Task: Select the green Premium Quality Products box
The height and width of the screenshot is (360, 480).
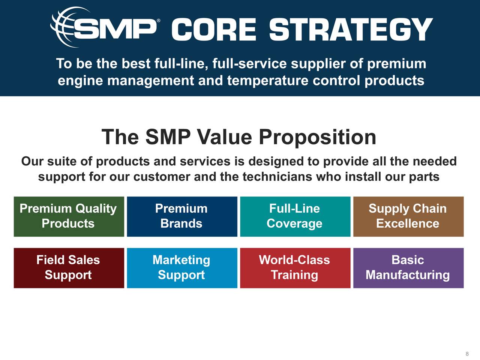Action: pos(69,216)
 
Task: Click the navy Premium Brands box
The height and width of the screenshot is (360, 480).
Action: pos(182,216)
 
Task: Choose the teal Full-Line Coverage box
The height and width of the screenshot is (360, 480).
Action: pos(295,216)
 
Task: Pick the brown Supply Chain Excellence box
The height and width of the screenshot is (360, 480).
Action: pos(408,216)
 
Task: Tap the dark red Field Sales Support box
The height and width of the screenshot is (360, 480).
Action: pos(69,268)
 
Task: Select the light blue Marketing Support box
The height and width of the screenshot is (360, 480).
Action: pos(182,268)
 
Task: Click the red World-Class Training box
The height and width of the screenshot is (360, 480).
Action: pos(295,268)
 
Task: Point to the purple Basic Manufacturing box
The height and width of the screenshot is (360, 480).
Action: pos(408,268)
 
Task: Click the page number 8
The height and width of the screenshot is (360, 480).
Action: pos(467,354)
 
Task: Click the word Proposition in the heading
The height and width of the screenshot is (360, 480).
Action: pos(317,137)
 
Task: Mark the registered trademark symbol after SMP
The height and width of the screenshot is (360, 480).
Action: pos(158,21)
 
